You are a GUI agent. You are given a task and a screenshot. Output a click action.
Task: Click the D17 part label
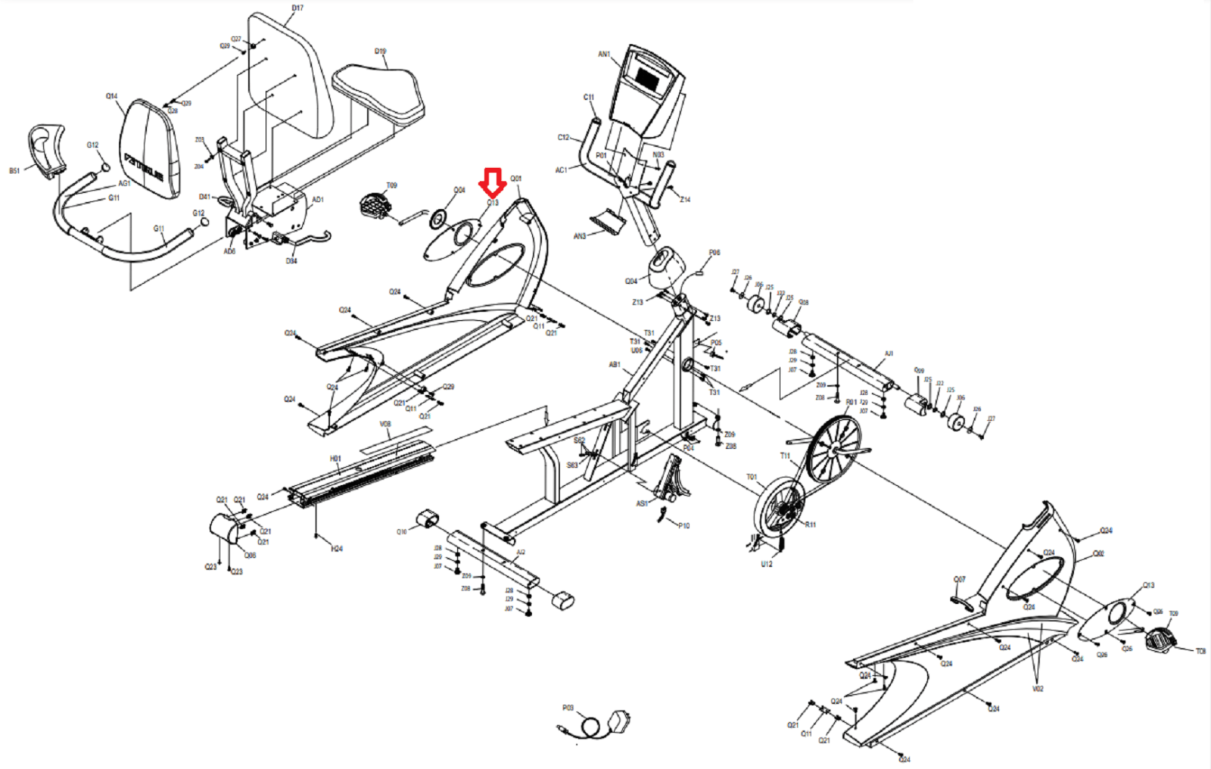click(297, 8)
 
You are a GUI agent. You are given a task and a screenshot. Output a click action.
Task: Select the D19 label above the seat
click(380, 51)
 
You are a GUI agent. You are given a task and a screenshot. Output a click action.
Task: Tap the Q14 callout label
click(111, 96)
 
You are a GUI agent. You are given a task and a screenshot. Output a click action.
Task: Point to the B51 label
click(14, 171)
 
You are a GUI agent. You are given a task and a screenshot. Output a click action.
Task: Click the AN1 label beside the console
click(603, 54)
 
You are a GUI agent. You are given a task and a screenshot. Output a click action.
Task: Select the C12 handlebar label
click(563, 138)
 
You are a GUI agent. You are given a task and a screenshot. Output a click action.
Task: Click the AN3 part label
click(579, 236)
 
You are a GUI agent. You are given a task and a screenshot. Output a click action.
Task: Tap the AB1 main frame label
click(615, 365)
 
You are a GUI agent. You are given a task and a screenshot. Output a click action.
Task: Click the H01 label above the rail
click(335, 459)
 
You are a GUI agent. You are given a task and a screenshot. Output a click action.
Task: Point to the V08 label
click(385, 425)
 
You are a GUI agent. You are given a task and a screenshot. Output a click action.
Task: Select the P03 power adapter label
click(568, 708)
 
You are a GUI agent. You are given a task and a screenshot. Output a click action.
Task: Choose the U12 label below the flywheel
click(766, 564)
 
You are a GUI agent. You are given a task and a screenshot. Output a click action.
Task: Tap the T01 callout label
click(751, 477)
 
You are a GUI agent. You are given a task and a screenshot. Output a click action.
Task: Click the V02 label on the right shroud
click(1038, 689)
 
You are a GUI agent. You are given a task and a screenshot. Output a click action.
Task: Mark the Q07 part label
click(959, 580)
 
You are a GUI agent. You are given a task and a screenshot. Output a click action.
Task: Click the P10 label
click(683, 525)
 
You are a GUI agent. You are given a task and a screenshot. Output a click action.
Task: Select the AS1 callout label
click(642, 503)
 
